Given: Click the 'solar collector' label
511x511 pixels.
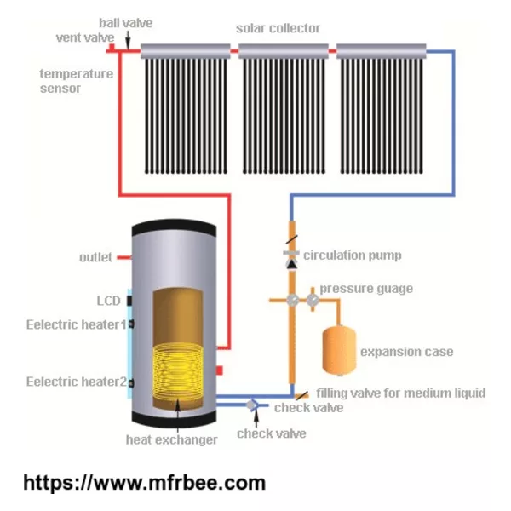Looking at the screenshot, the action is [278, 28].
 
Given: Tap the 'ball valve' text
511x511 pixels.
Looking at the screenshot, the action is [126, 23].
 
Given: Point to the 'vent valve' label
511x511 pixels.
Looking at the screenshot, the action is [85, 37].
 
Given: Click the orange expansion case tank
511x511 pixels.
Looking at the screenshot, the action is [339, 351].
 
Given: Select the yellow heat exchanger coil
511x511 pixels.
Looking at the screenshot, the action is [178, 370].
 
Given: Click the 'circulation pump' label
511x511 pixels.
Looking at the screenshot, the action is [353, 255].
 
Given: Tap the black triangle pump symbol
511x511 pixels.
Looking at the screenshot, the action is [291, 264].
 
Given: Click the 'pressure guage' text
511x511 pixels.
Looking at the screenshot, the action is [366, 289].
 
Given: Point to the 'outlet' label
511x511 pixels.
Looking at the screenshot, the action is [95, 257].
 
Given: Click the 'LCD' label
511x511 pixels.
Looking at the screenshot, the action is [109, 301].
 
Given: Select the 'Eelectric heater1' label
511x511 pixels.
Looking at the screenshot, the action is [77, 324].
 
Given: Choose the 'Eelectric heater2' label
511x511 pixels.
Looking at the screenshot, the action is [77, 382].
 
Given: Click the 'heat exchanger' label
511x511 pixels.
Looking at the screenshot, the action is [171, 439].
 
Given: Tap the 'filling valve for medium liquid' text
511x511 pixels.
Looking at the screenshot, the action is [401, 393].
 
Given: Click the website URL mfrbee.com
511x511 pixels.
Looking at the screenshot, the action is [145, 483].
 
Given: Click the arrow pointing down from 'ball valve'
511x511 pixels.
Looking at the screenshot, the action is [128, 40].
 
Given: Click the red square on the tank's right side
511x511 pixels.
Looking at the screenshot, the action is [219, 370].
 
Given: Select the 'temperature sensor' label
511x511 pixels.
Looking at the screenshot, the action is [77, 81].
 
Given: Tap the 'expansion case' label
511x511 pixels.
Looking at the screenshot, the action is [407, 352].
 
